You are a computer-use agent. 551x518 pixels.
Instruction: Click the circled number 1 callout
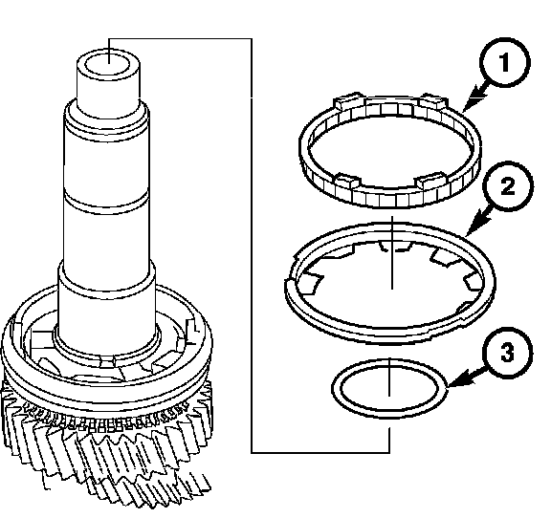click(505, 62)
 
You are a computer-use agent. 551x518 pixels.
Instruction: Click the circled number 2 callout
click(508, 186)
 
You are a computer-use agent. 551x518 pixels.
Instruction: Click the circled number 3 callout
click(507, 353)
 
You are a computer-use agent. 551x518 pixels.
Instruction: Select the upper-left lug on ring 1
click(348, 101)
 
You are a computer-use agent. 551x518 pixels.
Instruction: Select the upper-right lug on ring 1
click(434, 101)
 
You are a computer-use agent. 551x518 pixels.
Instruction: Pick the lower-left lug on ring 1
click(347, 181)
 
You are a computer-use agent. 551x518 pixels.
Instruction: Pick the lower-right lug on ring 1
click(430, 180)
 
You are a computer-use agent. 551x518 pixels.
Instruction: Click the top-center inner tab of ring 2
click(393, 246)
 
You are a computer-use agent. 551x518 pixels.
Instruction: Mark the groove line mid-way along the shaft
click(106, 204)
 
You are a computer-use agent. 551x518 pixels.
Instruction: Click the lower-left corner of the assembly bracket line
click(252, 453)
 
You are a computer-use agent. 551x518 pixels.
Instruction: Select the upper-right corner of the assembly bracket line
click(252, 38)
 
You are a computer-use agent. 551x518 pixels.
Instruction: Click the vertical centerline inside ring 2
click(392, 253)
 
